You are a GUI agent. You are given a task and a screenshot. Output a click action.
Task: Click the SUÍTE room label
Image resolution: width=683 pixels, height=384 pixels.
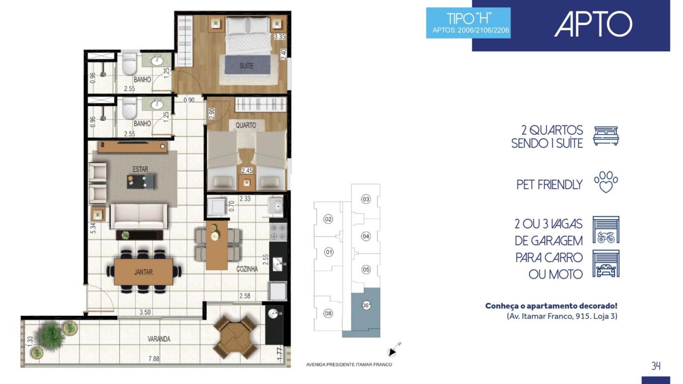coord(246,66)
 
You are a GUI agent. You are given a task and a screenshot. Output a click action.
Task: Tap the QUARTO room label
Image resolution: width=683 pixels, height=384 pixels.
coord(246,125)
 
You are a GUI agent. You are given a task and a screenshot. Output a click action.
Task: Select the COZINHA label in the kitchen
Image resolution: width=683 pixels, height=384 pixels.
coord(247,269)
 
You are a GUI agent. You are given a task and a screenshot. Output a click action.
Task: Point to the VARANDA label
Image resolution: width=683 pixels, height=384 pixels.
coord(159,339)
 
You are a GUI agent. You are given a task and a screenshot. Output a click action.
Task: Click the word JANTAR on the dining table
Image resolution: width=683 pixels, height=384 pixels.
coord(143,272)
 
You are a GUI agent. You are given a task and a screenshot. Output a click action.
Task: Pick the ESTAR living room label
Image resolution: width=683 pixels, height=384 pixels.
coord(140,169)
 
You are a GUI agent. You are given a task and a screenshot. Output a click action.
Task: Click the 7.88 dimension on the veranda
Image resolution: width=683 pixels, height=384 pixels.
coord(154,359)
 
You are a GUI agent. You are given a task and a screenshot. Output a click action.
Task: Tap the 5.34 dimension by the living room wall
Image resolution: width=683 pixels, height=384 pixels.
coord(93,228)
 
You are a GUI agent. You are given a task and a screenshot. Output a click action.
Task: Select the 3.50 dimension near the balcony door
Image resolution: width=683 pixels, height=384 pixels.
coord(145,312)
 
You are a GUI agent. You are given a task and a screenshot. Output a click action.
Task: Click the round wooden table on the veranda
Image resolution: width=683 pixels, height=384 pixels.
coord(235,337)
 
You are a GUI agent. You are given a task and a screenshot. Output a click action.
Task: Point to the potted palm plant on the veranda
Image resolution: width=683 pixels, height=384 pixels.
coord(51,337)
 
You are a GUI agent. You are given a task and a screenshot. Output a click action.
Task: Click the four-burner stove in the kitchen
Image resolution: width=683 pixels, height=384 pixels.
coord(278,232)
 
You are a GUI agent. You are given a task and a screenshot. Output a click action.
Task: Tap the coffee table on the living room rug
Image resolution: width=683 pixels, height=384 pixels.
coord(140,182)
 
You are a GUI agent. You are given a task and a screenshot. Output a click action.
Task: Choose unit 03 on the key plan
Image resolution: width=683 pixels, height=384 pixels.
coord(366,199)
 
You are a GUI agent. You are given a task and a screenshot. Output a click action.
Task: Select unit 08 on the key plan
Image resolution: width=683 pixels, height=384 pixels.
coord(328,313)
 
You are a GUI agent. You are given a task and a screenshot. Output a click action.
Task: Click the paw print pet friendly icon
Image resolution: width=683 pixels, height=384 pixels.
coord(606,182)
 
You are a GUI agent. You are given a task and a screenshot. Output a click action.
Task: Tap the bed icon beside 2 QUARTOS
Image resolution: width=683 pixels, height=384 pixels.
coord(606,136)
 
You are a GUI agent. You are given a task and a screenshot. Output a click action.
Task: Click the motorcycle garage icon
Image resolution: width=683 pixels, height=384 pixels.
coord(606,230)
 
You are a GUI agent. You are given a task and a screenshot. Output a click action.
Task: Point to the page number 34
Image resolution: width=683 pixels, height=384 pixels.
coord(656,366)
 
